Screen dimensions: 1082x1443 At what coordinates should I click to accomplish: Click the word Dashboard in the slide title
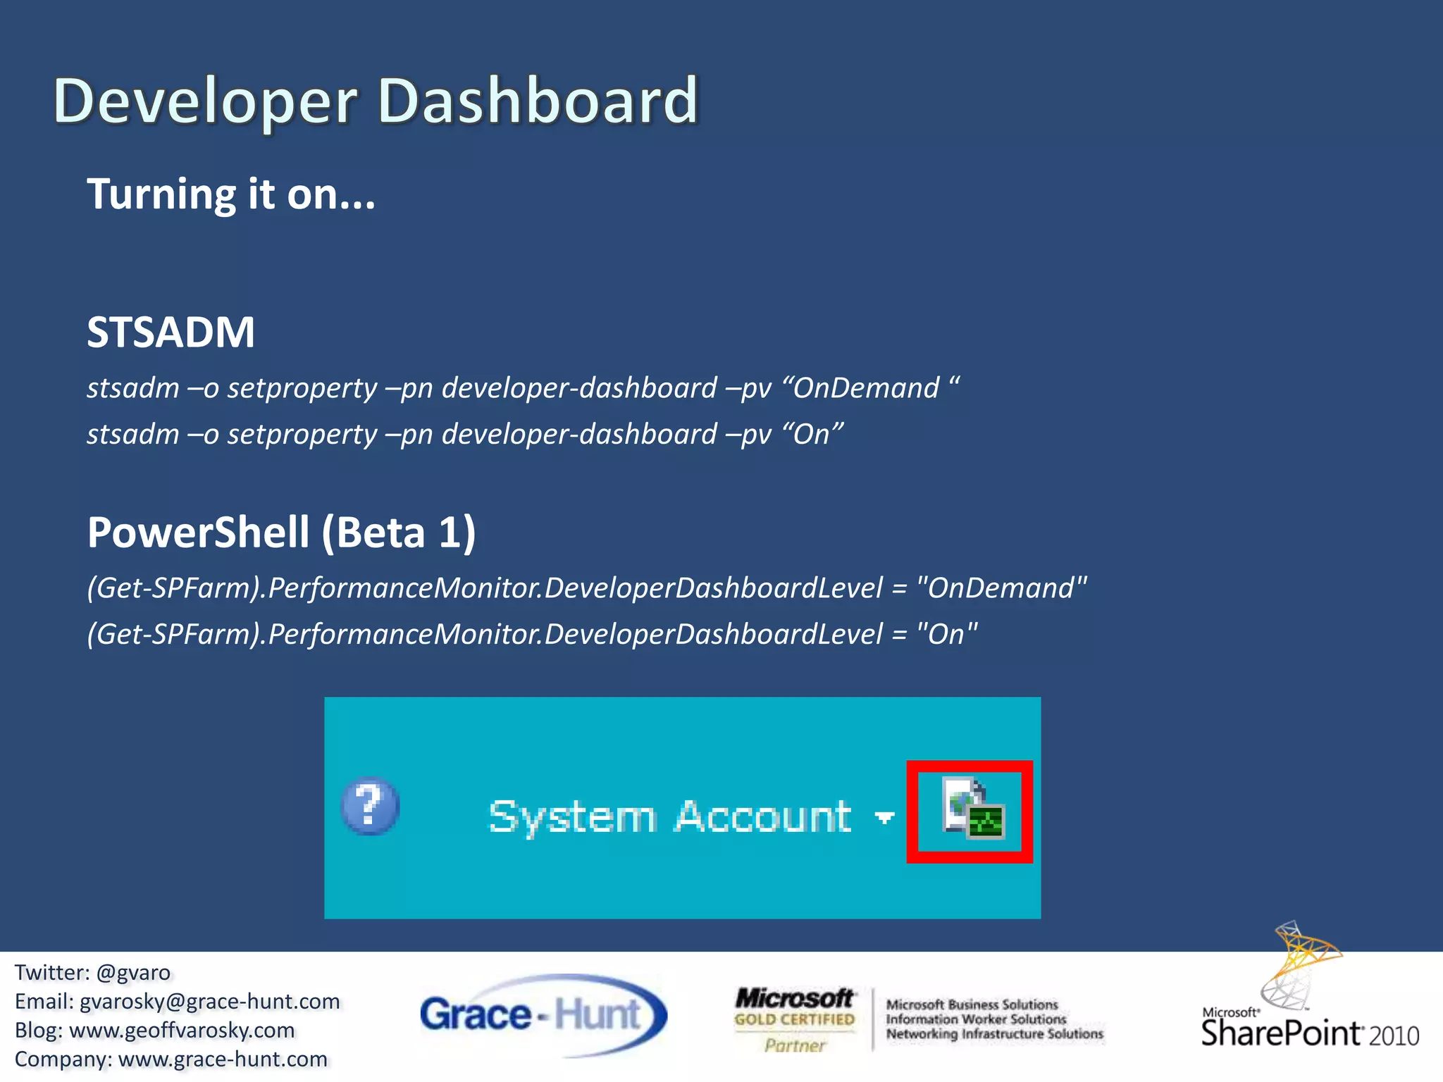tap(537, 101)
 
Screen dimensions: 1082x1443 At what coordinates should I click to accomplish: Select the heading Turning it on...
tap(231, 194)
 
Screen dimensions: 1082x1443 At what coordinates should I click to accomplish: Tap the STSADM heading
tap(171, 332)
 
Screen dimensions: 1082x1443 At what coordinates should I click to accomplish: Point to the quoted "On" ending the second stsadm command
tap(812, 434)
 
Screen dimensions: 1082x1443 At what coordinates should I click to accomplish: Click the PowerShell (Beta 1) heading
tap(281, 532)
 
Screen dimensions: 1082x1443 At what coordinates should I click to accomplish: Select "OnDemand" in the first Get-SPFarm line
tap(1001, 588)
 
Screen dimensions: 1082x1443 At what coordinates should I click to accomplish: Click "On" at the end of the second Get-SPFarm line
tap(946, 635)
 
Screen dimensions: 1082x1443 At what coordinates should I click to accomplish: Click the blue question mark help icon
tap(369, 806)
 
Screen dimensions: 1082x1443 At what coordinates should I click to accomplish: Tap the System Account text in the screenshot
tap(670, 817)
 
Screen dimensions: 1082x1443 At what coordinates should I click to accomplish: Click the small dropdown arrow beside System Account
tap(884, 817)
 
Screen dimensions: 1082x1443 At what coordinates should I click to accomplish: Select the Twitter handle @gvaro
tap(133, 973)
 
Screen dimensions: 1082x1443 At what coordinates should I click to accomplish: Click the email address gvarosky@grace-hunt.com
tap(209, 1002)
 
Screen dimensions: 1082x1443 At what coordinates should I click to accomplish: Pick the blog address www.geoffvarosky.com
tap(182, 1031)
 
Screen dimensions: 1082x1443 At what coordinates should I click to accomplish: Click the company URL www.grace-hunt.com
tap(223, 1059)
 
